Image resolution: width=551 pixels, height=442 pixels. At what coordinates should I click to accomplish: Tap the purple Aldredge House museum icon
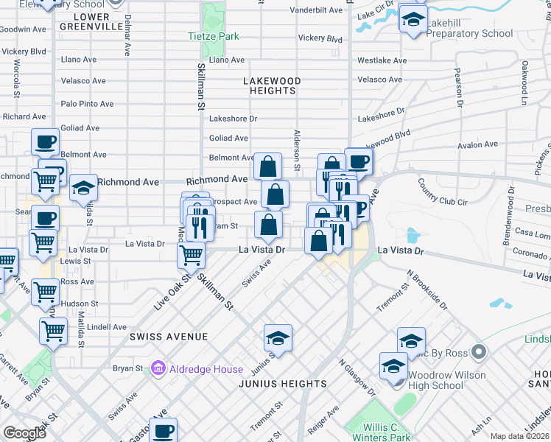(x=157, y=368)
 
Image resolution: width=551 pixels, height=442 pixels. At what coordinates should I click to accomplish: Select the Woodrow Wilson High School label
(x=447, y=380)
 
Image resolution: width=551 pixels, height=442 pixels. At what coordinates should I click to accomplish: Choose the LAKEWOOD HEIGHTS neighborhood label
(x=272, y=85)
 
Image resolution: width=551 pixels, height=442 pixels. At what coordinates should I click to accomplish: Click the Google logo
(x=24, y=434)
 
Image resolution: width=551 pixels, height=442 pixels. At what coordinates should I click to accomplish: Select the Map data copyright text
(x=520, y=436)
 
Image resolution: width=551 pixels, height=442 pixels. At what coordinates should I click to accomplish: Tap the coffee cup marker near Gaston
(x=164, y=429)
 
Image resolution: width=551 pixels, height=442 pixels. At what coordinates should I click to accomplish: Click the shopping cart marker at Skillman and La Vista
(x=192, y=255)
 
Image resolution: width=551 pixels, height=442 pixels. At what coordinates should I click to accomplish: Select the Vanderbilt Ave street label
(x=316, y=10)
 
